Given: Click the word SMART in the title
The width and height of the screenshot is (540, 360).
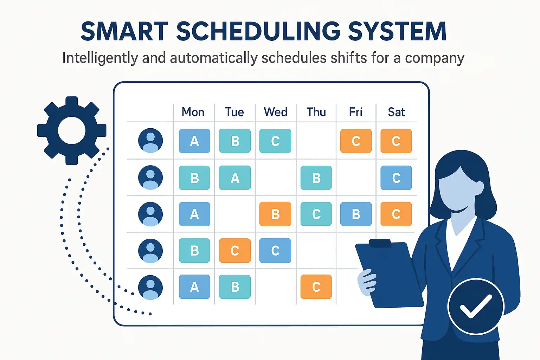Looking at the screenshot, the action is [x=124, y=31].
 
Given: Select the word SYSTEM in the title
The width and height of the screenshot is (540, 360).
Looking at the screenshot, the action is [x=397, y=31].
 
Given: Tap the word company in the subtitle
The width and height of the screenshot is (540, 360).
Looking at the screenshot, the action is [x=435, y=58].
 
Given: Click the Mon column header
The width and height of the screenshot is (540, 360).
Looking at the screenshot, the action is [x=193, y=112].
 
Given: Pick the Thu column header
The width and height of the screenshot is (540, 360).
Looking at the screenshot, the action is [x=316, y=112].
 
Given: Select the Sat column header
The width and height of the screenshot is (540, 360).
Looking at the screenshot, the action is [x=396, y=112].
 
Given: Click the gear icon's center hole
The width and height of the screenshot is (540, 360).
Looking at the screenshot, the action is [x=72, y=130].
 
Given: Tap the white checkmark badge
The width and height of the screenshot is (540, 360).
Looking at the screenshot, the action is [x=476, y=307].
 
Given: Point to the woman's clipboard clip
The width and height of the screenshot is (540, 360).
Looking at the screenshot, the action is [x=380, y=243].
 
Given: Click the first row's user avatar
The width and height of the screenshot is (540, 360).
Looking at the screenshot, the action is [x=150, y=140].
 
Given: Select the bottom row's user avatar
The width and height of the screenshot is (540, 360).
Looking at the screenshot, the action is [x=150, y=288].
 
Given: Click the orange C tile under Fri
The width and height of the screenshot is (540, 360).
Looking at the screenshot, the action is [x=356, y=141].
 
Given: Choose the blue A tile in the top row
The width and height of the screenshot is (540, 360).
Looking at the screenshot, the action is [x=194, y=141].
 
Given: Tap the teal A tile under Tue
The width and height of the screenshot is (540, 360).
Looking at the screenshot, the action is [x=235, y=178].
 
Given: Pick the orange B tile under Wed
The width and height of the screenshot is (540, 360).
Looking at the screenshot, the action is [x=275, y=214].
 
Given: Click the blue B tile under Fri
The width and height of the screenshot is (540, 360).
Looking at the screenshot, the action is [x=356, y=214].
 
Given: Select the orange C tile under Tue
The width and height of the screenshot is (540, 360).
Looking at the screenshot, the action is [x=235, y=251].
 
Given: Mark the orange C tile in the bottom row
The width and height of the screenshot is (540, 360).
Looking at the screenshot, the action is [x=316, y=287].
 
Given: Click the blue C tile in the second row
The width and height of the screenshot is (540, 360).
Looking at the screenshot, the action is [x=396, y=178].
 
